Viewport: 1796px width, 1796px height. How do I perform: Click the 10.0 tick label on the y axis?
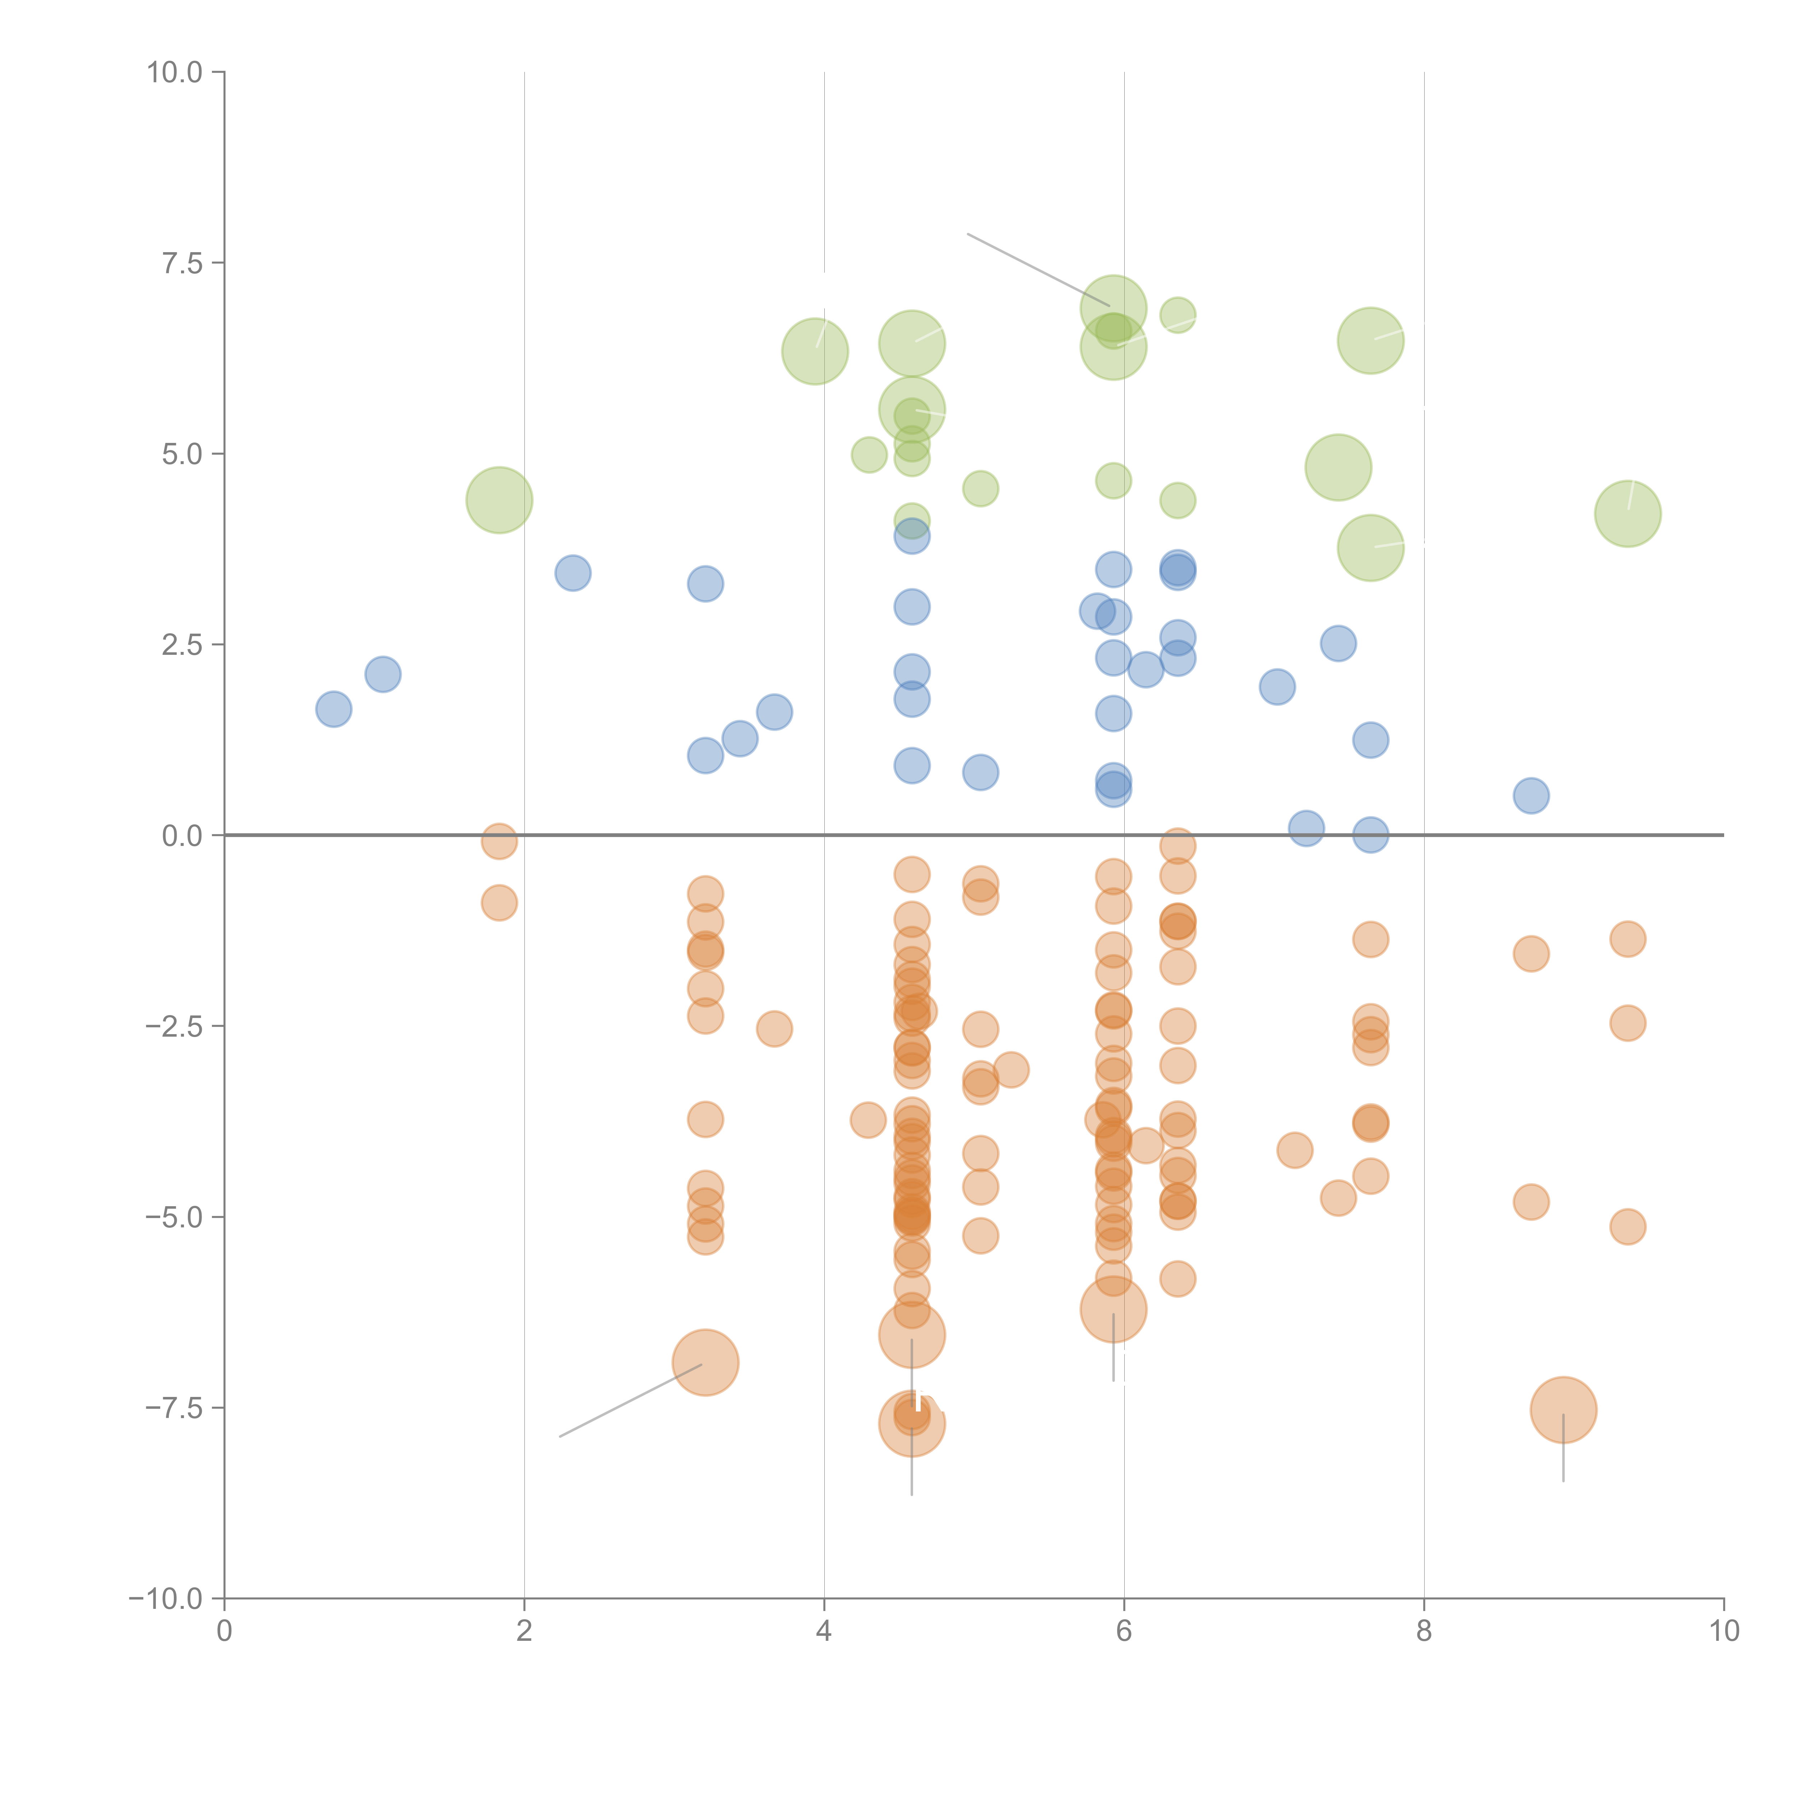[175, 73]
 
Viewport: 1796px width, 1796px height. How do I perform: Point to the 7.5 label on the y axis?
[182, 263]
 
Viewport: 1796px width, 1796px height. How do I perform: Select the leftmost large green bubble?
[499, 500]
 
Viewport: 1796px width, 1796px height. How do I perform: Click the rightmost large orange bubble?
[1564, 1409]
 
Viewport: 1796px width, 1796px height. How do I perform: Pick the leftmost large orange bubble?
[705, 1363]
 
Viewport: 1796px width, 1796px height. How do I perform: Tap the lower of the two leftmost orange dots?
[499, 903]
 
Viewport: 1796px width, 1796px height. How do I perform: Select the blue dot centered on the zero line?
[1370, 835]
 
